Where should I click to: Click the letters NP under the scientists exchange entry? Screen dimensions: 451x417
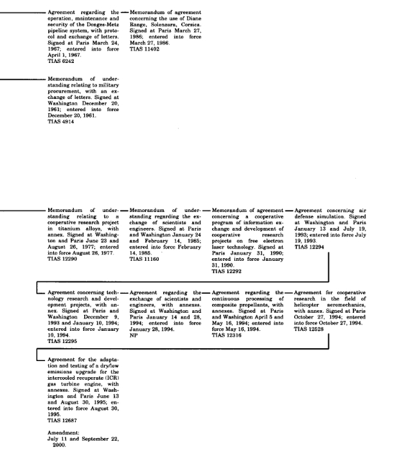click(x=133, y=335)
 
